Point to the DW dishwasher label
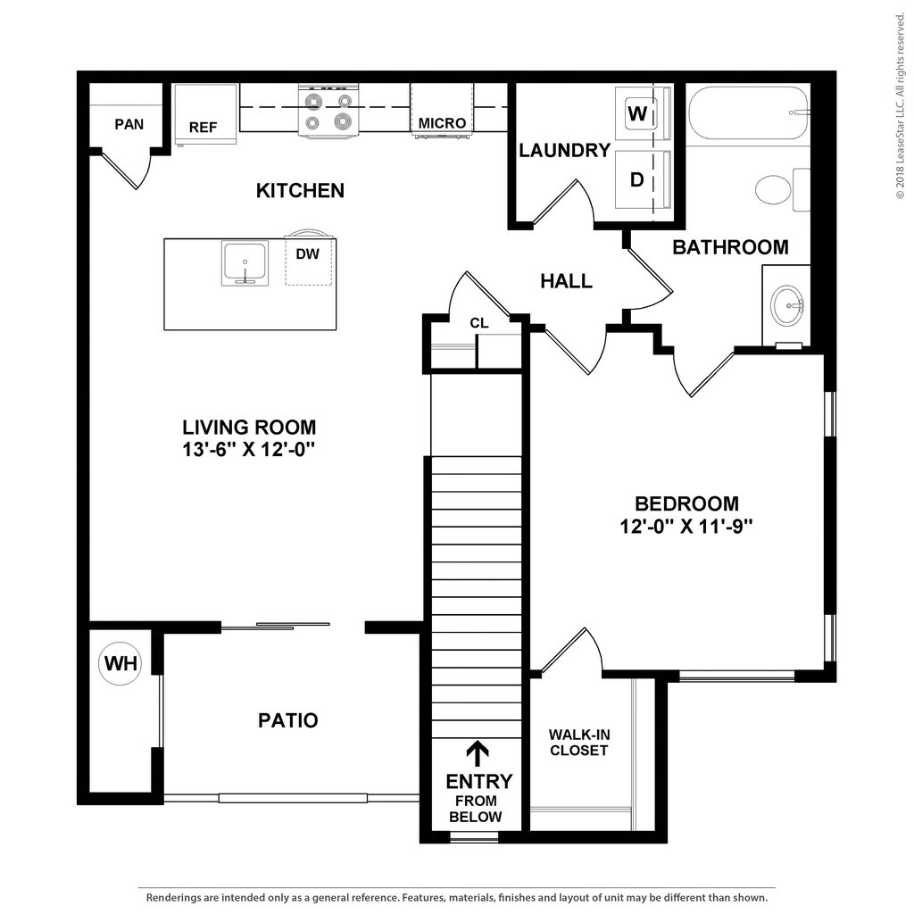click(x=307, y=254)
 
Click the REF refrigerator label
click(x=203, y=128)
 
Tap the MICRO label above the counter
click(x=442, y=123)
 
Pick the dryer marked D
click(x=637, y=179)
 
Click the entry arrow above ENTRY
click(x=478, y=752)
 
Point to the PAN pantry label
click(x=129, y=124)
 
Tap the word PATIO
click(x=287, y=720)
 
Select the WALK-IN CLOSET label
click(x=578, y=743)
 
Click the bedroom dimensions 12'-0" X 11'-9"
click(x=686, y=527)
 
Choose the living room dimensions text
click(x=249, y=450)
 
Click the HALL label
click(x=566, y=281)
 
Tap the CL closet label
click(x=479, y=323)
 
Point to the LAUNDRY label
click(x=564, y=151)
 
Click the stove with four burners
click(x=328, y=112)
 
